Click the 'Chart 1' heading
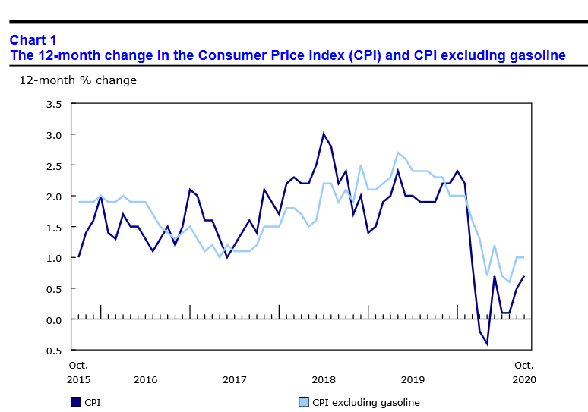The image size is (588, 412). pyautogui.click(x=33, y=39)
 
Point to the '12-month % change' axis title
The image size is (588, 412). pyautogui.click(x=77, y=80)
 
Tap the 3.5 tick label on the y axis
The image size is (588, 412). pyautogui.click(x=53, y=103)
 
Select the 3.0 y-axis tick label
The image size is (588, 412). pyautogui.click(x=53, y=134)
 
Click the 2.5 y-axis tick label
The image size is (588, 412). pyautogui.click(x=53, y=165)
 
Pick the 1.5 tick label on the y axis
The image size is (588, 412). pyautogui.click(x=53, y=227)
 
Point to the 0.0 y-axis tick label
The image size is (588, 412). pyautogui.click(x=53, y=319)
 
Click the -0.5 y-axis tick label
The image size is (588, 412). pyautogui.click(x=52, y=351)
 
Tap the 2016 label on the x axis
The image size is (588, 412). pyautogui.click(x=144, y=379)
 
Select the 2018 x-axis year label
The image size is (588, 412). pyautogui.click(x=324, y=379)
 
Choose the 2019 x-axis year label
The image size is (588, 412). pyautogui.click(x=413, y=379)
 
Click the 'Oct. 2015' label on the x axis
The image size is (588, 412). pyautogui.click(x=78, y=372)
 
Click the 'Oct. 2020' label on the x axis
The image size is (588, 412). pyautogui.click(x=524, y=372)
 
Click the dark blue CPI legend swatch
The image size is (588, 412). pyautogui.click(x=76, y=402)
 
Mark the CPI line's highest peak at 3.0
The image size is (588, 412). pyautogui.click(x=324, y=134)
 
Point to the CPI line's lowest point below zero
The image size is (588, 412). pyautogui.click(x=487, y=344)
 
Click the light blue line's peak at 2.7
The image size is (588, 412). pyautogui.click(x=398, y=153)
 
